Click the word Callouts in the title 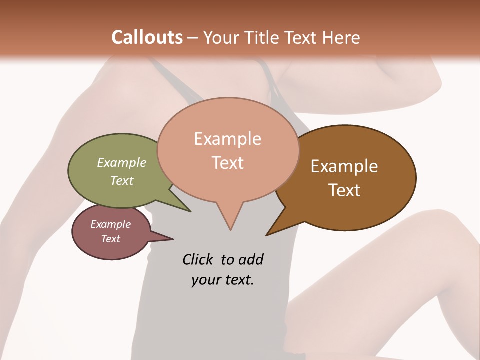[147, 37]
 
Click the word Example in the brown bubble [344, 166]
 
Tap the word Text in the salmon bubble [228, 163]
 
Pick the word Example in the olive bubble [122, 162]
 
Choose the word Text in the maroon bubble [111, 239]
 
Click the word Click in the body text [198, 259]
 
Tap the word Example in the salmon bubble [228, 139]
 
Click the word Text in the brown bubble [344, 190]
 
